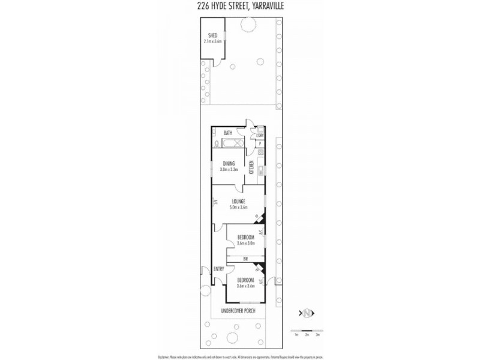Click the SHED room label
(212, 35)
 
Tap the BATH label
(227, 133)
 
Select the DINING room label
(229, 163)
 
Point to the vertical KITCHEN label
(251, 168)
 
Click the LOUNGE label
(239, 201)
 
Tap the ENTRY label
(218, 269)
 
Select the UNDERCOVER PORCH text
(239, 310)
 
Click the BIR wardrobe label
(246, 259)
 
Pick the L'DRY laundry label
(259, 135)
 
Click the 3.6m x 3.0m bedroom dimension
(245, 243)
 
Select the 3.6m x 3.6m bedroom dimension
(245, 286)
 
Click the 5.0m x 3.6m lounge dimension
(239, 207)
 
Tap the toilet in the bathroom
(217, 144)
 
